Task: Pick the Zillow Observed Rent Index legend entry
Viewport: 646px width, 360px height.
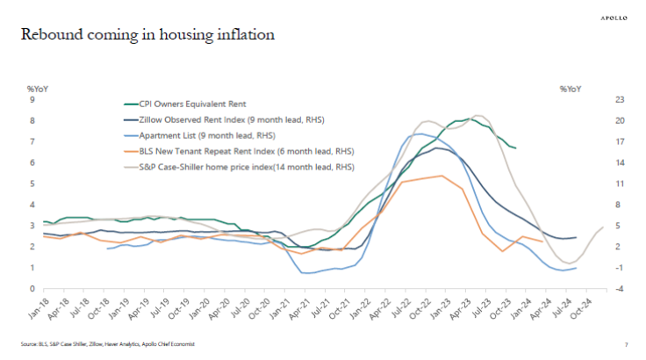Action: click(215, 119)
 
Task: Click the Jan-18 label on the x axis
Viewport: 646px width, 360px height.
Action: click(33, 306)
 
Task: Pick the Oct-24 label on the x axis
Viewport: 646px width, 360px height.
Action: click(594, 306)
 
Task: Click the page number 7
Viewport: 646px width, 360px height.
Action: click(626, 344)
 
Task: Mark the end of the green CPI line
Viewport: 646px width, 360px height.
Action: click(515, 148)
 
